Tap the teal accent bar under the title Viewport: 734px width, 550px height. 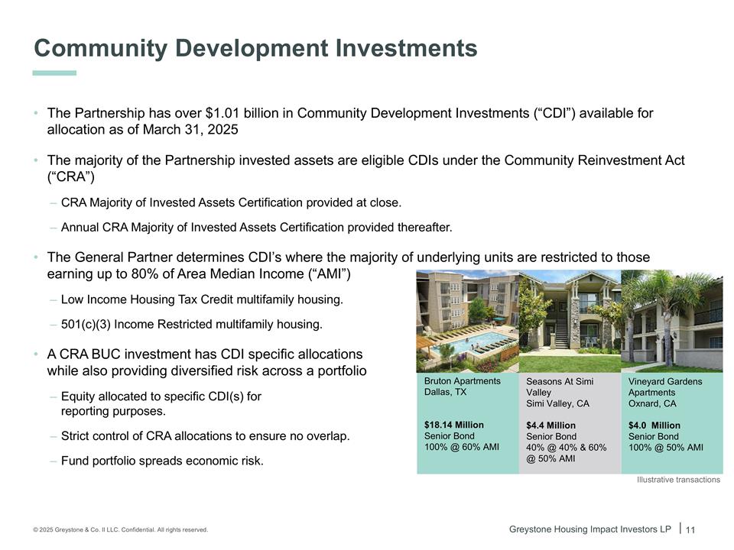coord(54,73)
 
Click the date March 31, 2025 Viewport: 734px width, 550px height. coord(190,130)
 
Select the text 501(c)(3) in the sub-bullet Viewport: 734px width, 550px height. coord(86,324)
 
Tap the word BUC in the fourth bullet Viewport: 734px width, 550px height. coord(106,354)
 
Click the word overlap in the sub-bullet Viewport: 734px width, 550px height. coord(328,436)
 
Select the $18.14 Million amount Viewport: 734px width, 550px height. coord(453,425)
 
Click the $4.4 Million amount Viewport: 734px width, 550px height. coord(550,425)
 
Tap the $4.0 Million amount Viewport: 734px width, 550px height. coord(654,425)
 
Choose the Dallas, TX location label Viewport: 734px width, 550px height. coord(445,392)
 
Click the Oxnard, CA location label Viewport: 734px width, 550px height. coord(652,403)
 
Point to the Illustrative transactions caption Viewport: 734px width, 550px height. coord(678,480)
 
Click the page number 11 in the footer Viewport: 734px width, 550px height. coord(690,530)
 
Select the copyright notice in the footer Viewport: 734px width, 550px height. coord(120,530)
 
